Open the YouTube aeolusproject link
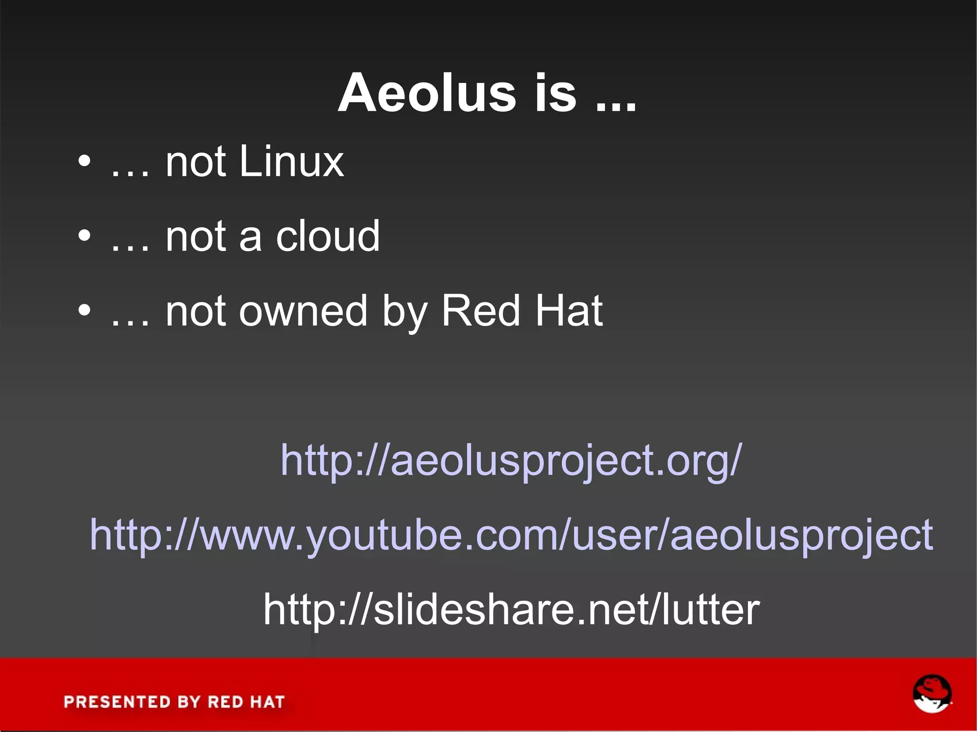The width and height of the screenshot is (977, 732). [511, 535]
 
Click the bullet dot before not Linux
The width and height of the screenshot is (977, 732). [84, 162]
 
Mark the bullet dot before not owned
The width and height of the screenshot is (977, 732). [84, 311]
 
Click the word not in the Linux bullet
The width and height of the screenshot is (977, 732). [195, 162]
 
